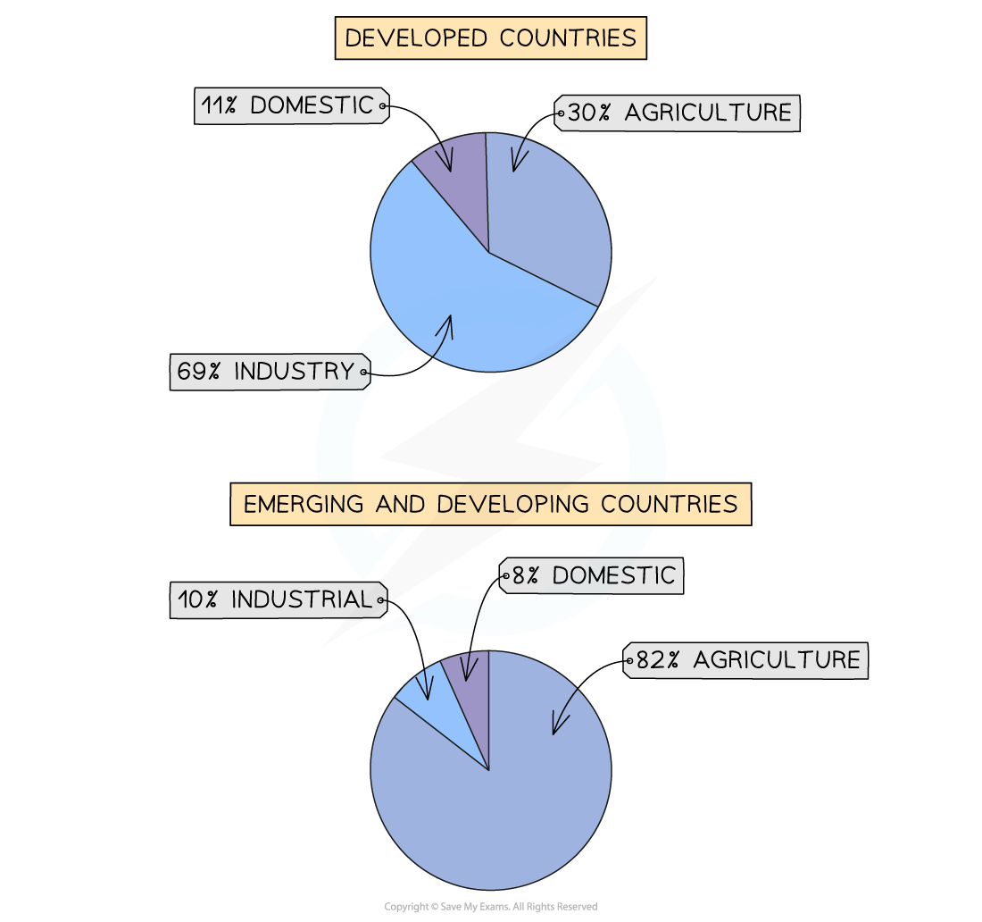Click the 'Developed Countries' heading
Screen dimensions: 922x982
[x=490, y=38]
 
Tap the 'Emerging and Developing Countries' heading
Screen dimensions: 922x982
[x=490, y=504]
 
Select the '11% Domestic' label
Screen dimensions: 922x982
[x=287, y=105]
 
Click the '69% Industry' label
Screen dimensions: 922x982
[x=267, y=372]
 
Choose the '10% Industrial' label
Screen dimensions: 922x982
[x=276, y=599]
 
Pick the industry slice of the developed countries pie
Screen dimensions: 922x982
[x=446, y=286]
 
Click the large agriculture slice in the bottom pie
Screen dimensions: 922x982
[x=500, y=804]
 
